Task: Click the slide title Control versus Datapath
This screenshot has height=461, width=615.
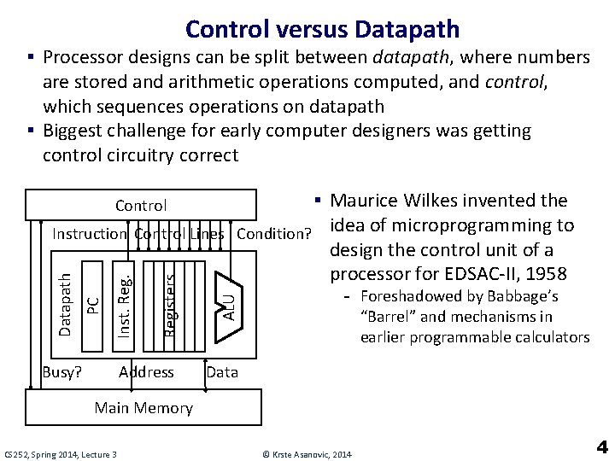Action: (x=322, y=29)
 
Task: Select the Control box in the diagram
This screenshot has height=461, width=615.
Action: (x=141, y=205)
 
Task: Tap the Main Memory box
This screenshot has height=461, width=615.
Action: (x=143, y=407)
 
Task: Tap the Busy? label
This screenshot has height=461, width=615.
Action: (x=62, y=372)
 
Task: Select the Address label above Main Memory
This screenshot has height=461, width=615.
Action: (x=146, y=372)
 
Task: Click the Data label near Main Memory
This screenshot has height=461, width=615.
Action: (x=223, y=372)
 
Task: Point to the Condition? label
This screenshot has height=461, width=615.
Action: (x=272, y=234)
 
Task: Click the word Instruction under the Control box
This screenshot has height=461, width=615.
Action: (x=90, y=234)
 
